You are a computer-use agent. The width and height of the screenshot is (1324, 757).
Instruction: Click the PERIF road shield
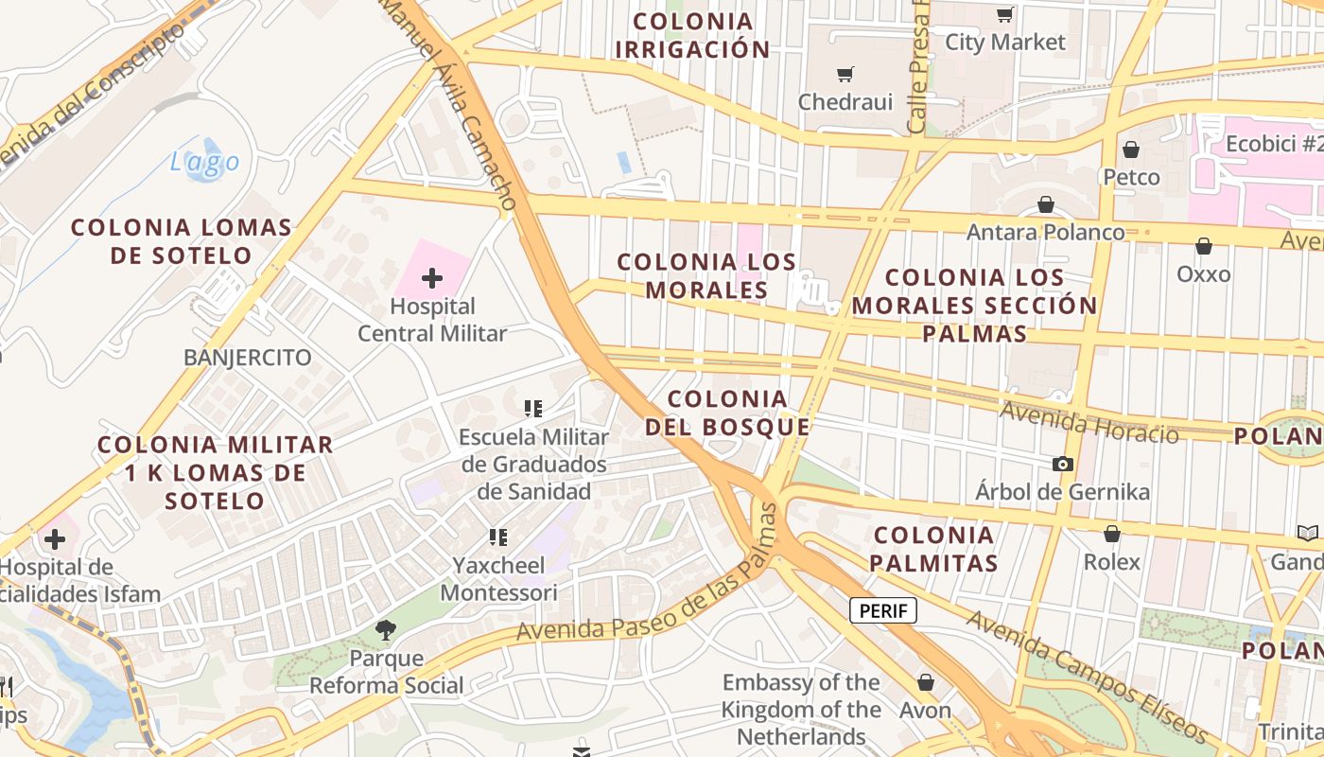pyautogui.click(x=883, y=610)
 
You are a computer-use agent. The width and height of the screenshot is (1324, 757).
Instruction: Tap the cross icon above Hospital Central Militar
pyautogui.click(x=432, y=278)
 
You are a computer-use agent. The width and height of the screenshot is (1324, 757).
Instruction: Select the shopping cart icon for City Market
pyautogui.click(x=1004, y=14)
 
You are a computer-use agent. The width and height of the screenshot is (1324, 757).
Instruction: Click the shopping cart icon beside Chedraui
pyautogui.click(x=845, y=74)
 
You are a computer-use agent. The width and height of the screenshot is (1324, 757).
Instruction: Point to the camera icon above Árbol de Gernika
pyautogui.click(x=1063, y=464)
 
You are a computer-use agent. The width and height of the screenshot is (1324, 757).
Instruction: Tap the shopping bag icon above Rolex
pyautogui.click(x=1112, y=534)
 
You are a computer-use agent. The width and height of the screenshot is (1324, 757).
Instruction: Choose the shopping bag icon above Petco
pyautogui.click(x=1131, y=150)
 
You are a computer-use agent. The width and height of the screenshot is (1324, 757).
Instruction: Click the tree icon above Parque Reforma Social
pyautogui.click(x=385, y=630)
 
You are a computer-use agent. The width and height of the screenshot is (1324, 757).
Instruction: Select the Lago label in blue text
pyautogui.click(x=205, y=163)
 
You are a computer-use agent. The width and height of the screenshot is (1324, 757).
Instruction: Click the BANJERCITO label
pyautogui.click(x=248, y=358)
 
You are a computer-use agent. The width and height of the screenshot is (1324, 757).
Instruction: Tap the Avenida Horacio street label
pyautogui.click(x=1089, y=423)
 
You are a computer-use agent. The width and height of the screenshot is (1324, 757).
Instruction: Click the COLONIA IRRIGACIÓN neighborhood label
pyautogui.click(x=692, y=35)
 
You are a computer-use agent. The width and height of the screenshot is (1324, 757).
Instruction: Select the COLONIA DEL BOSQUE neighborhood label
pyautogui.click(x=727, y=413)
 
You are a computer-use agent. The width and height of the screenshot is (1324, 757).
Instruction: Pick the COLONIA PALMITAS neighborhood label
pyautogui.click(x=933, y=549)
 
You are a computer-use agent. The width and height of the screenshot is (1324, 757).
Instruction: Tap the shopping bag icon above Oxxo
pyautogui.click(x=1204, y=247)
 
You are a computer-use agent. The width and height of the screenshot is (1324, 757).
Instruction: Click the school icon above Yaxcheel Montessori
pyautogui.click(x=498, y=537)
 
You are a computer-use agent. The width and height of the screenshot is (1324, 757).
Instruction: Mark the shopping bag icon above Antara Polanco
pyautogui.click(x=1046, y=204)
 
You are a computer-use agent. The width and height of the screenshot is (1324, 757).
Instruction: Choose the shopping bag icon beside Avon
pyautogui.click(x=926, y=682)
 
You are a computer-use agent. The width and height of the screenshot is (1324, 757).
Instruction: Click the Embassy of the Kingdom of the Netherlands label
pyautogui.click(x=801, y=709)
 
